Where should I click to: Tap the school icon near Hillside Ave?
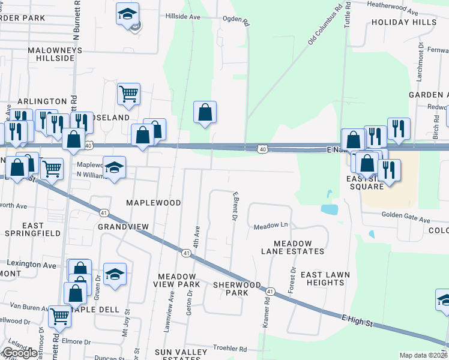pos(127,14)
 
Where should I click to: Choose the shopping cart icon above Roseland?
pos(128,93)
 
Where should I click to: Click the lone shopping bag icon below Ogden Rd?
pos(205,112)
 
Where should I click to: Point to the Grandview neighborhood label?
pos(122,227)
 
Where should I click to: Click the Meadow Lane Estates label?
pos(299,247)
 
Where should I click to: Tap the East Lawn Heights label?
pos(325,279)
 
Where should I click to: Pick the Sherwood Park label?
pos(237,289)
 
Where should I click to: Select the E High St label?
pos(357,322)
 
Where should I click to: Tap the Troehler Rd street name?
pos(230,349)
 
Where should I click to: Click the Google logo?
pos(20,353)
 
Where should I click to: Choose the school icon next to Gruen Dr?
pos(115,274)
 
